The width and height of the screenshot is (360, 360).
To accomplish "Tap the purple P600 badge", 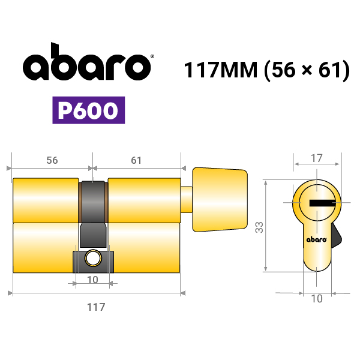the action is click(x=89, y=110).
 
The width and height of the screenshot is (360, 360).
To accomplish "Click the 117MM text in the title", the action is click(x=221, y=70).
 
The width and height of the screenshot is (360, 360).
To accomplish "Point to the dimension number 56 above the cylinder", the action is click(x=52, y=160).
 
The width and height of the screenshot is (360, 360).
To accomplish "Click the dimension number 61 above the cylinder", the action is click(x=136, y=160).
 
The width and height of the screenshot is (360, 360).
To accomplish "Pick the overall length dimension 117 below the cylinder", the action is click(x=96, y=307).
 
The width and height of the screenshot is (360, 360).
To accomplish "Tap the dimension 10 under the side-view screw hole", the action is click(x=92, y=280).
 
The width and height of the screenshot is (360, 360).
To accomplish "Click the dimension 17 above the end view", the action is click(x=317, y=158).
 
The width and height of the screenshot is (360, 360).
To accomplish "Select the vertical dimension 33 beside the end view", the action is click(x=259, y=227).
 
